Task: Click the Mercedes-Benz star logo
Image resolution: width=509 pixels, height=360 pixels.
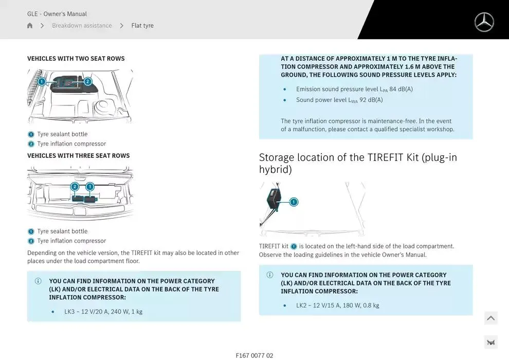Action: coord(484,22)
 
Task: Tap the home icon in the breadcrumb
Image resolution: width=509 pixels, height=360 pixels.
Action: coord(30,25)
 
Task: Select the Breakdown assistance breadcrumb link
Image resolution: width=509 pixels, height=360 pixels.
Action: coord(82,25)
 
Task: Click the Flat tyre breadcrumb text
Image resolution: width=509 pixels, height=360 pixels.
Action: coord(142,25)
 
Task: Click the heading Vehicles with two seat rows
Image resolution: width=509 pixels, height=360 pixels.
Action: coord(76,59)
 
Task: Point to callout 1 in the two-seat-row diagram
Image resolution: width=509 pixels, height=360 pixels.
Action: coord(42,81)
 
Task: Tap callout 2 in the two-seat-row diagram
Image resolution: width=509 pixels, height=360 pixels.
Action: coord(87,81)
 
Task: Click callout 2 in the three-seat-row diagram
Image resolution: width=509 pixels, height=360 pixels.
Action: coord(75,186)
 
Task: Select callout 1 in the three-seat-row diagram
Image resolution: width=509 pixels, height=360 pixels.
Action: coord(90,186)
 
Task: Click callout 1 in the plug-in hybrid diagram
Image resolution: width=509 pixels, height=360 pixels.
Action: coord(294,202)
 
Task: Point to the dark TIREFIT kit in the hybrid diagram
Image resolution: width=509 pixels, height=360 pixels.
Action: coord(274,199)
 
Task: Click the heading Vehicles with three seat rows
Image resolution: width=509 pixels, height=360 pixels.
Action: coord(79,155)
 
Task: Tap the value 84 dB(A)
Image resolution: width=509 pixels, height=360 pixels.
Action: coord(401,89)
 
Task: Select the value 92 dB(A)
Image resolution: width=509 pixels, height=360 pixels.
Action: coord(371,100)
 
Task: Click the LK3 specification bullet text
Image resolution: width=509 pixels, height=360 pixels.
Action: coord(103,312)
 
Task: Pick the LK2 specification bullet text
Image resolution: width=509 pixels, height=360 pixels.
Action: coord(338,305)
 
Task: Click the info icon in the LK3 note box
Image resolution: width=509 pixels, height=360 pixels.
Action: coord(38,281)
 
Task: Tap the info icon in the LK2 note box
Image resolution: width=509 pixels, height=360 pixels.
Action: coord(270,275)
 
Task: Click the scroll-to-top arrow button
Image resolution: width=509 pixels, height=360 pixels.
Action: coord(491,318)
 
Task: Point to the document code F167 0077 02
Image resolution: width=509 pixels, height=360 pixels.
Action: coord(254,355)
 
